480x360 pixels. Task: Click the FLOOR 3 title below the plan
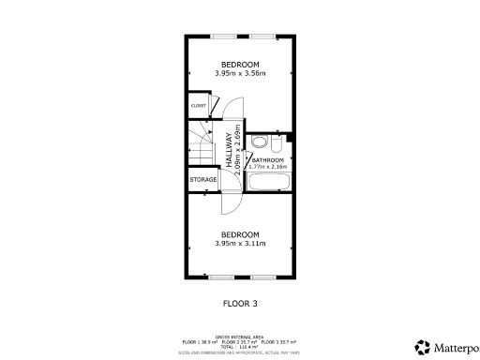click(x=239, y=303)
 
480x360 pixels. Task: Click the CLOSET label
click(x=198, y=106)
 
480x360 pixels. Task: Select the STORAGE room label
click(x=203, y=179)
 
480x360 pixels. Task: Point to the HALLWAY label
click(x=229, y=150)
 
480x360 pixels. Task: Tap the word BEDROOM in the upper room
click(x=239, y=65)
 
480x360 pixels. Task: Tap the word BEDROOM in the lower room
click(x=239, y=233)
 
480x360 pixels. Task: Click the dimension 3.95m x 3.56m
click(x=239, y=75)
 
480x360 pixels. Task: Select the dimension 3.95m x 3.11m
click(x=239, y=244)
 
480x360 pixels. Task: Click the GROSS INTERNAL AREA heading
click(x=239, y=335)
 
